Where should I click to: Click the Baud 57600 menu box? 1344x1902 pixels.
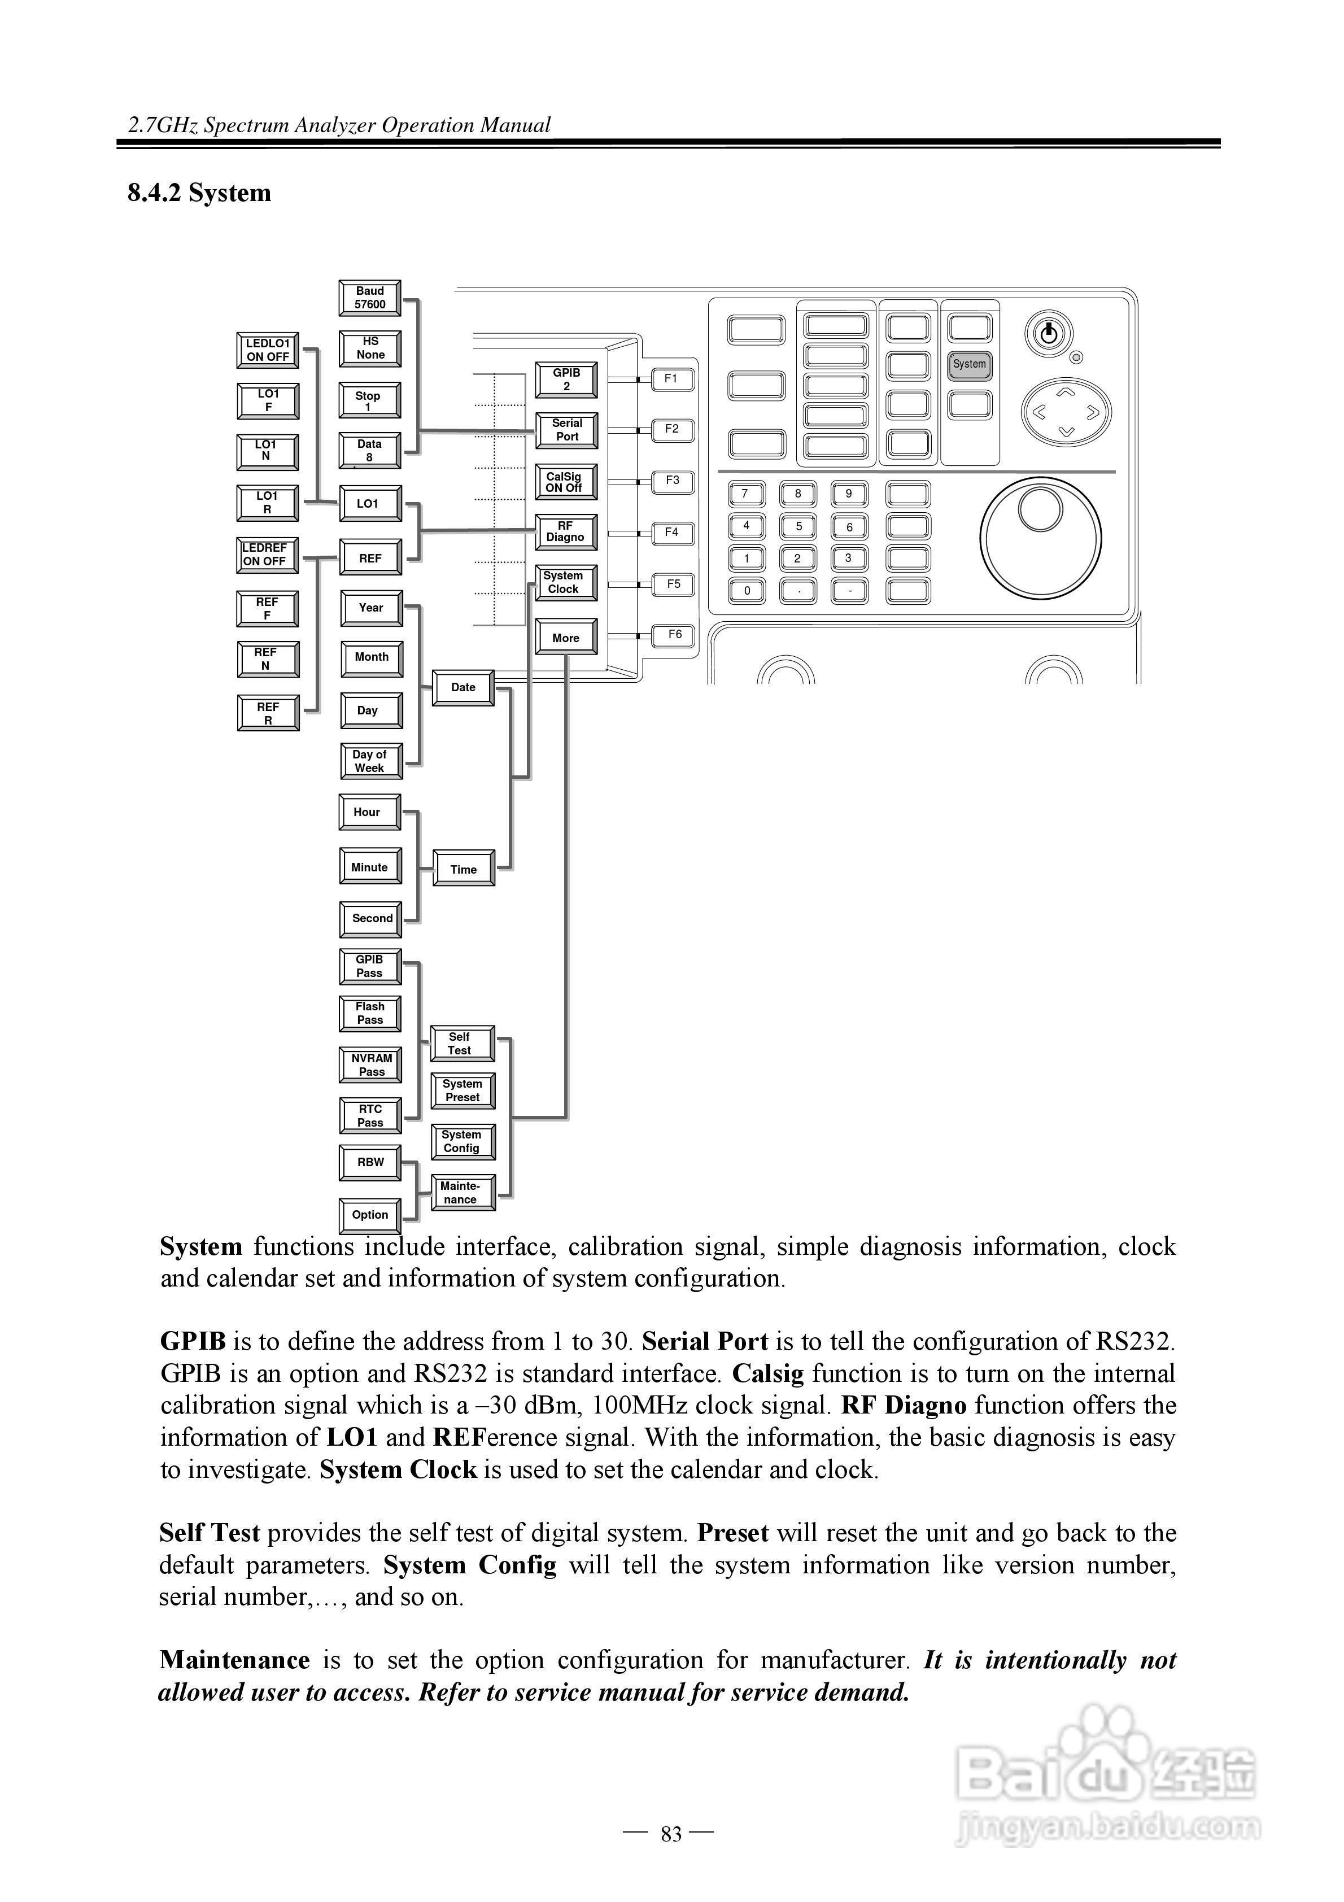click(369, 298)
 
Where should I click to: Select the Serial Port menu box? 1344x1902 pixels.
click(567, 430)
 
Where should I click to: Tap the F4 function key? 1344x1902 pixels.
click(672, 533)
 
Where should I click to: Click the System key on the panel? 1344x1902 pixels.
click(970, 364)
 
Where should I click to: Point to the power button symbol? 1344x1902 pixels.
click(1048, 334)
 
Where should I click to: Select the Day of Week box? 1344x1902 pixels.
click(370, 761)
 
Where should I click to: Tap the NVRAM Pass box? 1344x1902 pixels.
click(371, 1065)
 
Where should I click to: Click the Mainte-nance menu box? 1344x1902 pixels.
click(461, 1193)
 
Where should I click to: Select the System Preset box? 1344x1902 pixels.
click(462, 1091)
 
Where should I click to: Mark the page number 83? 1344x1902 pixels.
click(671, 1835)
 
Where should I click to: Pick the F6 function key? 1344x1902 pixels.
click(674, 635)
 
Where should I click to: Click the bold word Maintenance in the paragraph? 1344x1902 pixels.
click(234, 1660)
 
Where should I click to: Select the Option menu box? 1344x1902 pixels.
click(370, 1215)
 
